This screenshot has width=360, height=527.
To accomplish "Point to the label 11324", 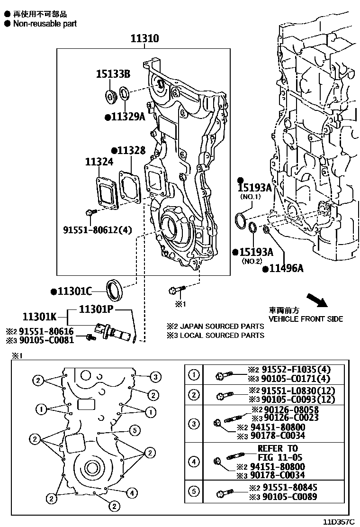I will [x=99, y=162].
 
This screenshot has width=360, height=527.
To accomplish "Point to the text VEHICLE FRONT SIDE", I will [x=306, y=319].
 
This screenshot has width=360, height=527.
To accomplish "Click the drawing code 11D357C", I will [x=339, y=521].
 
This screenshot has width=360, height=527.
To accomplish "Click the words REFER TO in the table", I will [x=277, y=448].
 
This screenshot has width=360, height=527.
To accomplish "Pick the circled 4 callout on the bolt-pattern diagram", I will [x=132, y=493].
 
